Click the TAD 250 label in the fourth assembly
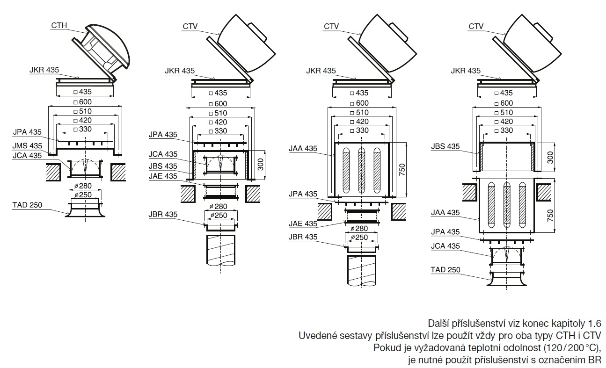(445, 269)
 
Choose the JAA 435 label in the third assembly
(303, 149)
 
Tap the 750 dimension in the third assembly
(402, 169)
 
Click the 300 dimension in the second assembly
(260, 164)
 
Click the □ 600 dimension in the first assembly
(85, 102)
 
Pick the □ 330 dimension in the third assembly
(362, 130)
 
